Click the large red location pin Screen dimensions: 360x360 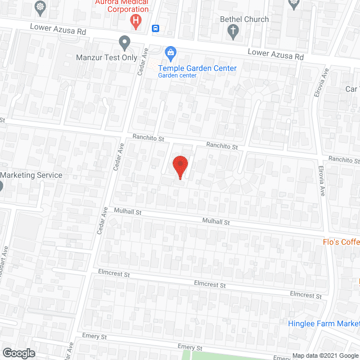[179, 166]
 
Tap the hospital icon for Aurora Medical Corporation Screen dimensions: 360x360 [136, 22]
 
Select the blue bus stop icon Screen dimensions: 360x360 [156, 29]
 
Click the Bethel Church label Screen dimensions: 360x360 [244, 19]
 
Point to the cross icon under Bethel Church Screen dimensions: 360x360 [234, 33]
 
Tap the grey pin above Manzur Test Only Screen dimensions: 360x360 [125, 42]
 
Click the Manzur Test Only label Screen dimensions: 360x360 [106, 57]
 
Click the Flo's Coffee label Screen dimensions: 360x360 [341, 242]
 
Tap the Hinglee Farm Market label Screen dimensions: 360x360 [323, 323]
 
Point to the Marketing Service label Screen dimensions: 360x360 [31, 175]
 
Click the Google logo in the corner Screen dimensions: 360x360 [18, 353]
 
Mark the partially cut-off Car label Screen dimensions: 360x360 [352, 89]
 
